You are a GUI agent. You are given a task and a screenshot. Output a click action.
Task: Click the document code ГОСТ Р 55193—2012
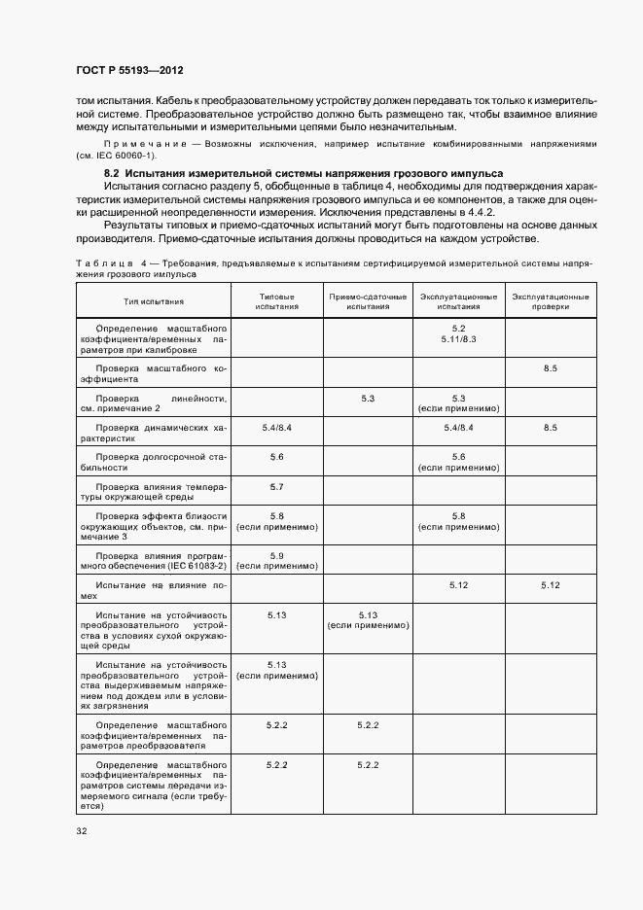(x=129, y=71)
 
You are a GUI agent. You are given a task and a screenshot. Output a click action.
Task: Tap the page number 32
(x=82, y=831)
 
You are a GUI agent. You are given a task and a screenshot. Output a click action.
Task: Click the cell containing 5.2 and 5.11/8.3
(x=459, y=333)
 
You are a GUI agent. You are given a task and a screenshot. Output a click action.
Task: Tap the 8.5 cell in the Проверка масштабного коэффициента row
(x=551, y=369)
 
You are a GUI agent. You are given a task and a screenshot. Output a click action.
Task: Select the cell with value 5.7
(x=276, y=485)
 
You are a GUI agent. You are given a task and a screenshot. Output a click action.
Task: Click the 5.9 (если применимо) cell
(x=276, y=559)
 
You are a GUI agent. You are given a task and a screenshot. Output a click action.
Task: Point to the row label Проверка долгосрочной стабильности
(x=153, y=461)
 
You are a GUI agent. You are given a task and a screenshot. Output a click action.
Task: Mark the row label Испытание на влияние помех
(x=153, y=590)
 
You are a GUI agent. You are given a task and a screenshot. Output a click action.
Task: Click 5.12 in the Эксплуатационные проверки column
(x=551, y=584)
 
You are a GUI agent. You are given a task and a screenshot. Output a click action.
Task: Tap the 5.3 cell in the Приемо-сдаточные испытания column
(x=368, y=398)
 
